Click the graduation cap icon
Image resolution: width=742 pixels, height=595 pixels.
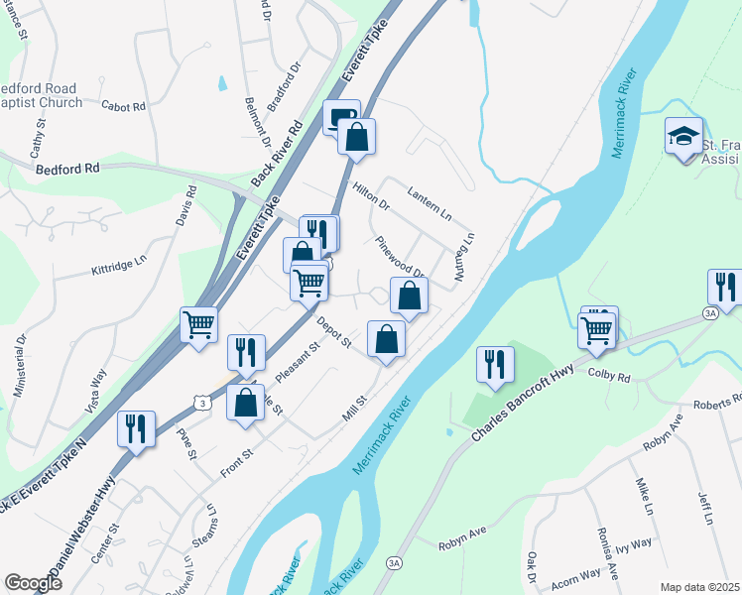(684, 136)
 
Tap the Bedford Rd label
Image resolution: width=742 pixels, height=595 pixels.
(68, 169)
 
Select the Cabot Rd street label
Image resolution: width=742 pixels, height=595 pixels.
(124, 106)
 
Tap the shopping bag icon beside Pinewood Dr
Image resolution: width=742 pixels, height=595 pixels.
(409, 297)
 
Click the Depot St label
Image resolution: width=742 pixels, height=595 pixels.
(334, 332)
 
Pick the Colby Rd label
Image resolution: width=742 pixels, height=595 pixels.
(609, 377)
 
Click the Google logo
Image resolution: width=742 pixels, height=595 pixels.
(33, 582)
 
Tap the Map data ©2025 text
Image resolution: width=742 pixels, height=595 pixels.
(698, 587)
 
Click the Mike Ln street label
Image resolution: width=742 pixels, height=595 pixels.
(645, 496)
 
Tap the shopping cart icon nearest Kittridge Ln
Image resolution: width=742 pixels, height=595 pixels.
(199, 324)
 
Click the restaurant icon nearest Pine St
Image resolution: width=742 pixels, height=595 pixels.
(131, 428)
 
